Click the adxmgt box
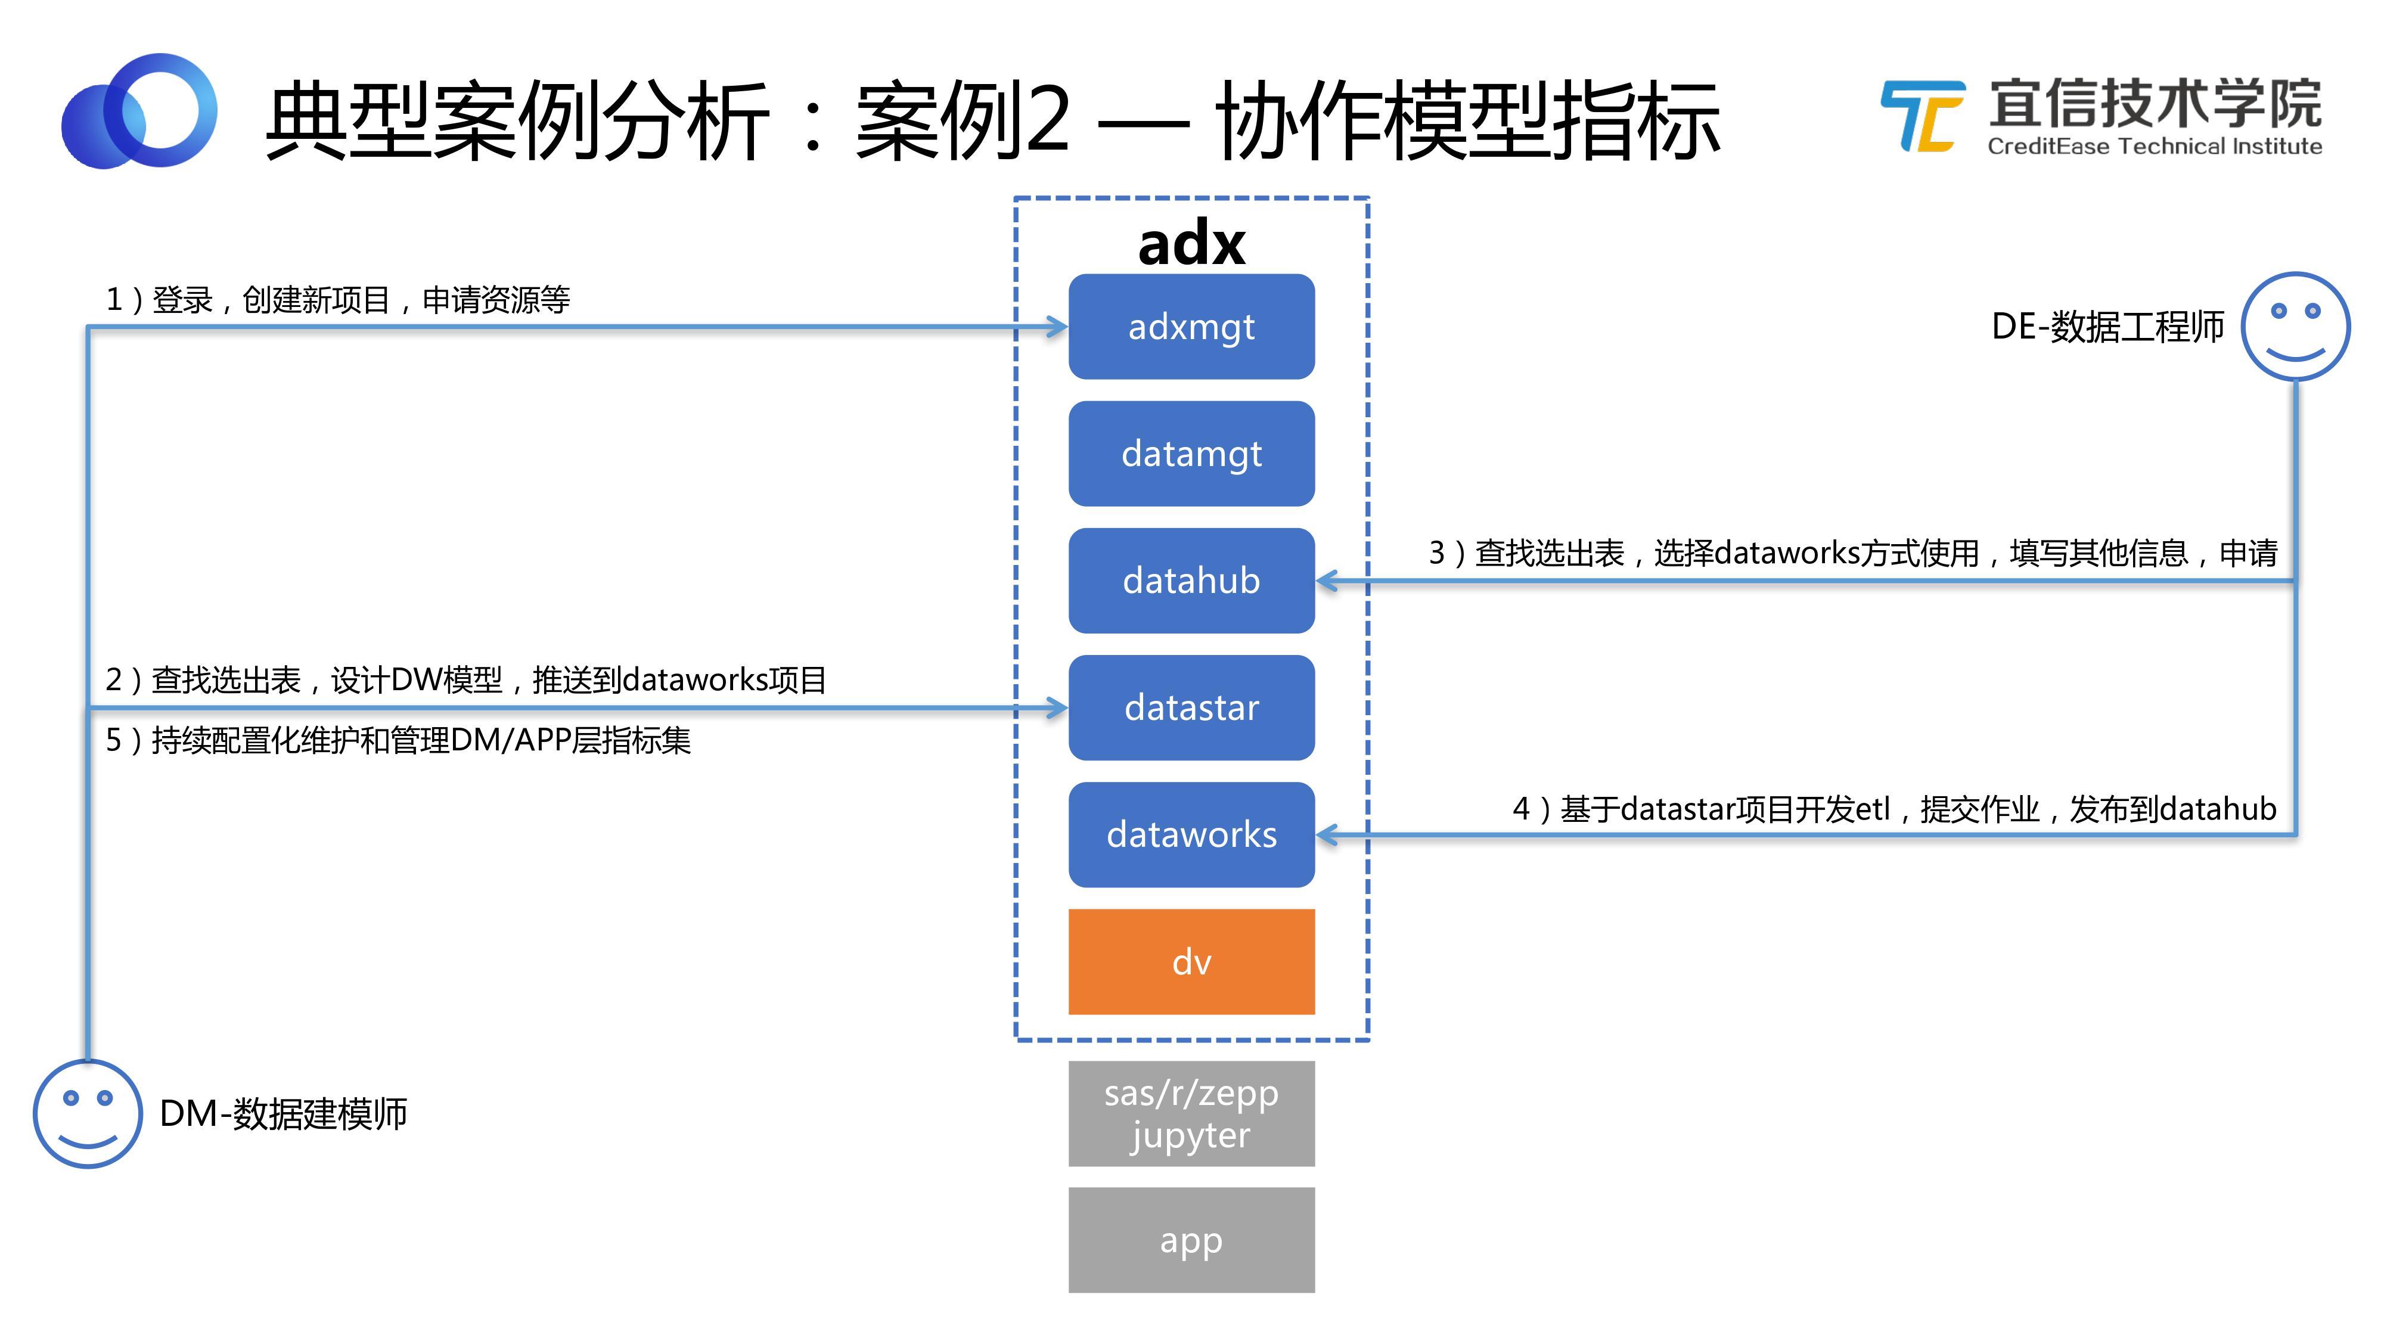pos(1191,327)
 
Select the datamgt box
pos(1191,454)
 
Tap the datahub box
pos(1191,581)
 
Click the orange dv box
pos(1191,961)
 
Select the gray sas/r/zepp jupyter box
pos(1191,1113)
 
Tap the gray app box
pos(1191,1240)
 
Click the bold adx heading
pos(1191,243)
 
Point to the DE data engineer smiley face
pos(2295,326)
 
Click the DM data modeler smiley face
pos(88,1113)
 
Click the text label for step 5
pos(398,740)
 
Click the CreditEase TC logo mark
pos(1922,117)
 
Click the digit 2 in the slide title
pos(1041,120)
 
